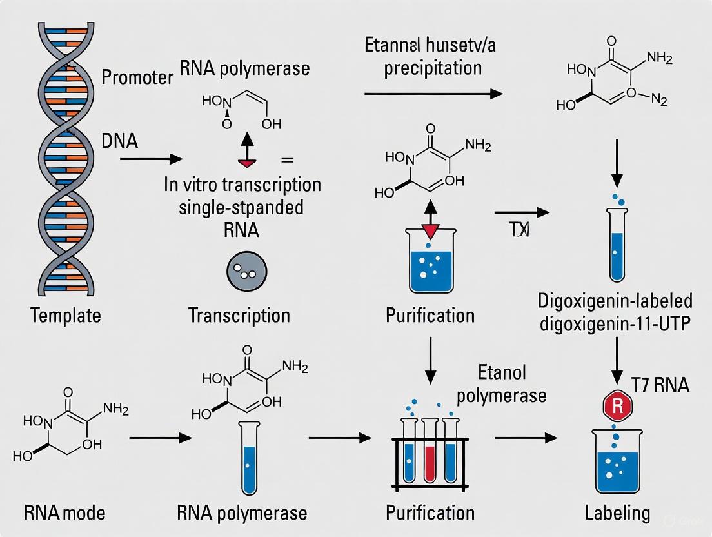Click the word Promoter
point(137,77)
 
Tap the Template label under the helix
point(65,316)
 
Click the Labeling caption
point(617,513)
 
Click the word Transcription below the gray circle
point(239,316)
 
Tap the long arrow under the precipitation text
point(433,94)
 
